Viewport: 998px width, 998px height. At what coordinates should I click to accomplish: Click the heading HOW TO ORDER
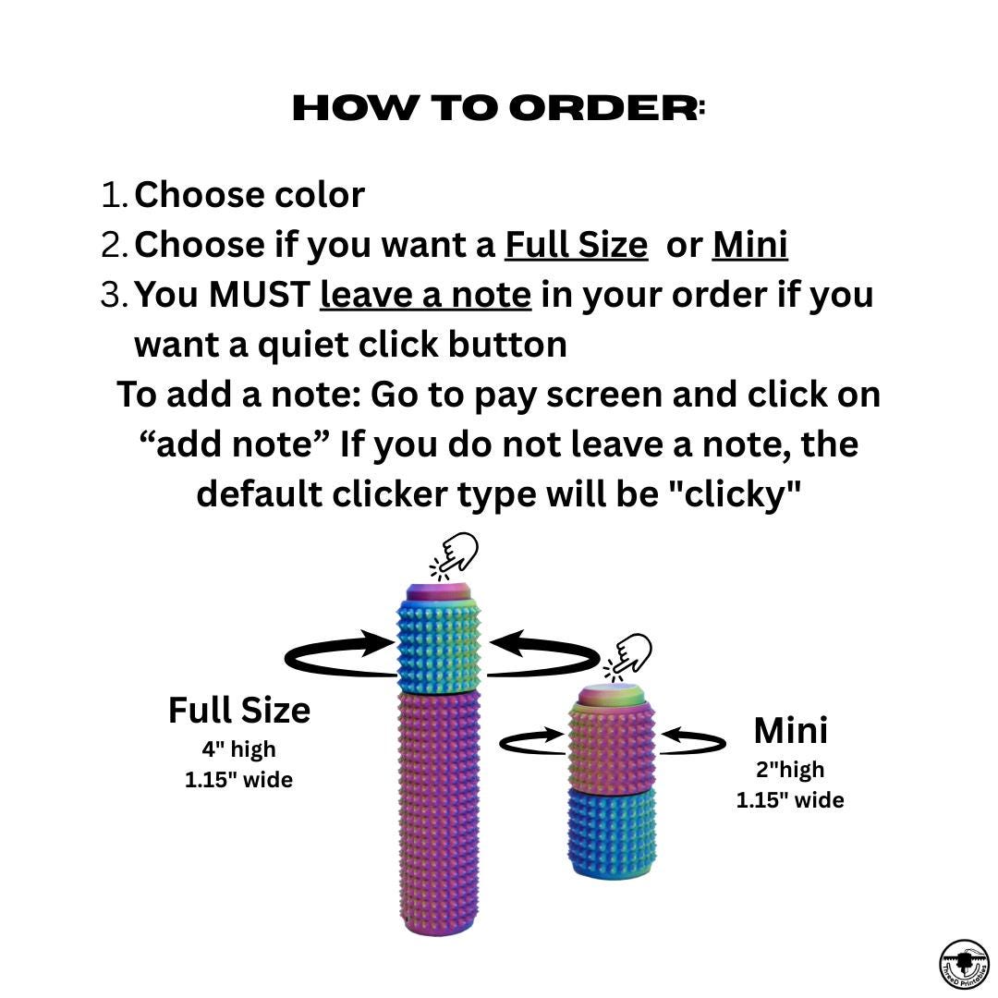coord(498,108)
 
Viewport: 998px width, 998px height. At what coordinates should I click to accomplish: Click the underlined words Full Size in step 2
coord(576,244)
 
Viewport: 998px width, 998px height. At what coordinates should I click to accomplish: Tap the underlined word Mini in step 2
coord(749,244)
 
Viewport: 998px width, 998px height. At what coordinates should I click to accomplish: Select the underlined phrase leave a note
coord(425,295)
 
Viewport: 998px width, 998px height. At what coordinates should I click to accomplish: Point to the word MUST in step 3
coord(259,295)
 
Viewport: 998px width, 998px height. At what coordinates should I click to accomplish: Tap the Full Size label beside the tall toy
coord(239,711)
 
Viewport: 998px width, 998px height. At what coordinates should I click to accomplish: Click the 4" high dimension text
coord(238,749)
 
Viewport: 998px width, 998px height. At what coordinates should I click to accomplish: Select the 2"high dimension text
coord(790,770)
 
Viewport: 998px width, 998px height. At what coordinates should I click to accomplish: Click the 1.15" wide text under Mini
coord(790,800)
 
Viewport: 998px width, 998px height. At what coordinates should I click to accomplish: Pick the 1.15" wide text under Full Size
coord(238,780)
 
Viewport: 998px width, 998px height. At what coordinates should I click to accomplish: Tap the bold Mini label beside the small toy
coord(790,731)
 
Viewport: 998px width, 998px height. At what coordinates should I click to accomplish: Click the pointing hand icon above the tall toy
coord(455,555)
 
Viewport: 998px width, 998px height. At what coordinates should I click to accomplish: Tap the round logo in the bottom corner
coord(964,965)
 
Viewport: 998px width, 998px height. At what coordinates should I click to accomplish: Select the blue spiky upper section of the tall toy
coord(439,645)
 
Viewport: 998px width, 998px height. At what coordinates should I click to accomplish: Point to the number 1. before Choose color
coord(115,195)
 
